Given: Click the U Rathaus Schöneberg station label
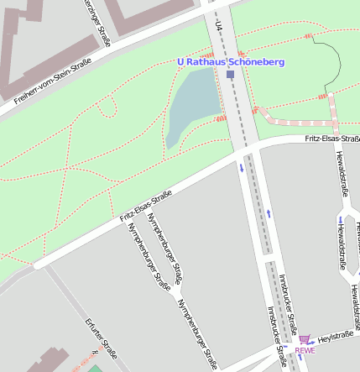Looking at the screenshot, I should click(231, 62).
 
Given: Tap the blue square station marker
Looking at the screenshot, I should click(230, 75).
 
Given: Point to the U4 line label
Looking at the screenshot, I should click(218, 28).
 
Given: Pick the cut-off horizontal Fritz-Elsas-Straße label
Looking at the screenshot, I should click(332, 138).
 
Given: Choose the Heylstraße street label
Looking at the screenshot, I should click(337, 336).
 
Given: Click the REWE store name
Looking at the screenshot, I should click(305, 350).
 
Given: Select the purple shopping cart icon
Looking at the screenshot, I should click(305, 339).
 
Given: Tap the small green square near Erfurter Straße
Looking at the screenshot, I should click(95, 368).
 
